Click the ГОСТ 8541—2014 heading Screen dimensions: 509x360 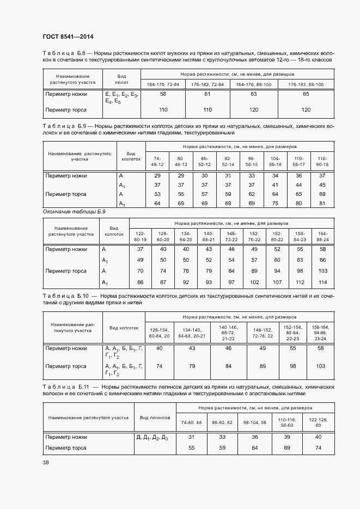pos(68,37)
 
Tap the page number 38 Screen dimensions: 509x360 pos(46,463)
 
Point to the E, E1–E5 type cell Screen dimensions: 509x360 pos(122,98)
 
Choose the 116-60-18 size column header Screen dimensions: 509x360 pos(322,161)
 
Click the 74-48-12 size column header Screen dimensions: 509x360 pos(157,161)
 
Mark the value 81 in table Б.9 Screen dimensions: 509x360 pos(322,204)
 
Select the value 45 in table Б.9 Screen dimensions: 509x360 pos(322,185)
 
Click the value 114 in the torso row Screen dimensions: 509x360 pos(322,282)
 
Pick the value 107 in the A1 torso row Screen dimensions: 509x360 pos(276,282)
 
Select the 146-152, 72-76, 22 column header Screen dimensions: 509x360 pos(262,333)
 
